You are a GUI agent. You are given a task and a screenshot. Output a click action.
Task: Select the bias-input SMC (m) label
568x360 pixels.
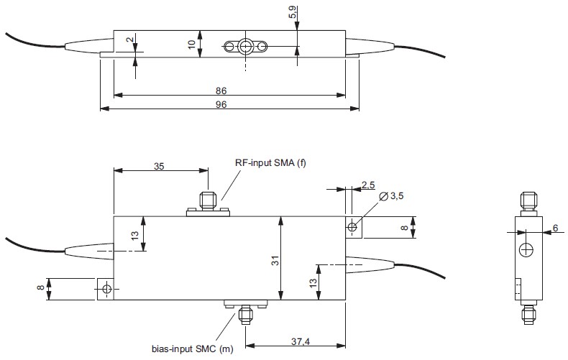click(192, 349)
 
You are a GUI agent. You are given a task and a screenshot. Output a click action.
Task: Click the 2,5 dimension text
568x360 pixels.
click(367, 185)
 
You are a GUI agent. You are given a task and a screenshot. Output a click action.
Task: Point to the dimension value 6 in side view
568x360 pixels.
click(554, 228)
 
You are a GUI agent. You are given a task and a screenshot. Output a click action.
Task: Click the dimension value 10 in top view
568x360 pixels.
click(191, 44)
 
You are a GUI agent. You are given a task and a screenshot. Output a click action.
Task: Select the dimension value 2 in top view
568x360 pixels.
click(129, 41)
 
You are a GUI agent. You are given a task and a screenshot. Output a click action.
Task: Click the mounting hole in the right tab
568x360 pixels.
click(352, 227)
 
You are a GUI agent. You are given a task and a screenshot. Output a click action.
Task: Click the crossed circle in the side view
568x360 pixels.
click(527, 250)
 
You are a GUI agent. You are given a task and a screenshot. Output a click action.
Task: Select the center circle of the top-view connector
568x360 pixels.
click(246, 47)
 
